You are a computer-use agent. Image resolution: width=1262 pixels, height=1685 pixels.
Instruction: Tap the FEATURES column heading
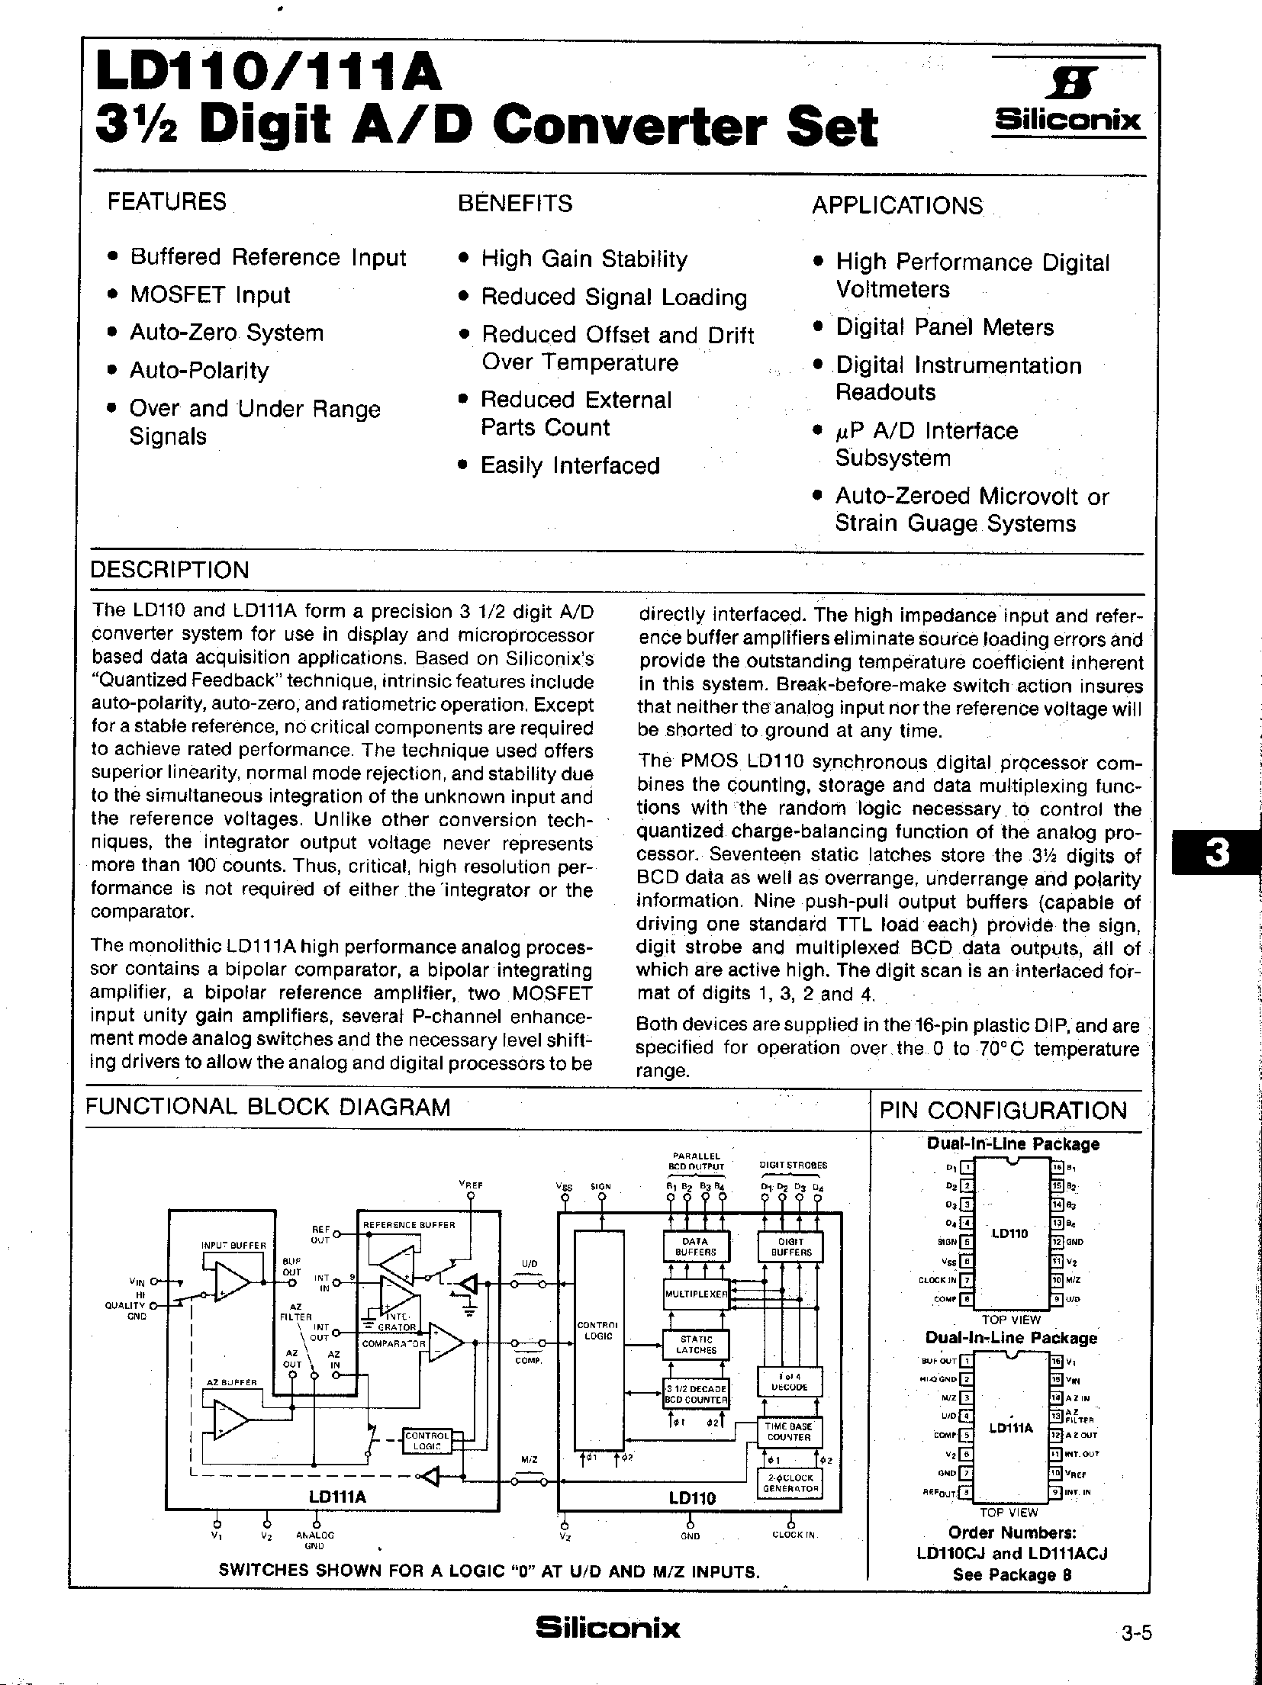coord(167,202)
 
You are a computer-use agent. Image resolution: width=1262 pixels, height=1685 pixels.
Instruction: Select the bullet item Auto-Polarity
coord(199,371)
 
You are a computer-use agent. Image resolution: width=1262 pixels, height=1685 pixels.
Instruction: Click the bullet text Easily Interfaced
coord(570,465)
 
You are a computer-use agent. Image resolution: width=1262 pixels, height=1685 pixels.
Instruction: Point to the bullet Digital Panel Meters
coord(945,327)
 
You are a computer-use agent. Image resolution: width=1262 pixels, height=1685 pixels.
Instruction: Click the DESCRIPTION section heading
coord(169,570)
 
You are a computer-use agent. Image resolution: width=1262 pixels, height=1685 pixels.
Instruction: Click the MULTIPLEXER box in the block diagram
coord(697,1294)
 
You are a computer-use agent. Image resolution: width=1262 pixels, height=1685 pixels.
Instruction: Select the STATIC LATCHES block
coord(696,1345)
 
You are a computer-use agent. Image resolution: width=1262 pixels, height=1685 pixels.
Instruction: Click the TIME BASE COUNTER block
coord(789,1432)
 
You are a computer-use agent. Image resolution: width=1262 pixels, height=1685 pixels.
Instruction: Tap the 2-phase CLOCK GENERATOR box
coord(790,1482)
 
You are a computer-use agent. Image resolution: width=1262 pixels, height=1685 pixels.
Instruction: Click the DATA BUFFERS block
coord(695,1246)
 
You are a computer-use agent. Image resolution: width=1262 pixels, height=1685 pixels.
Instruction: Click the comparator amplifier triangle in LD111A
coord(446,1344)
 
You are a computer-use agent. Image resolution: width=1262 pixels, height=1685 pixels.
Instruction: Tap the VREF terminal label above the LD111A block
coord(471,1185)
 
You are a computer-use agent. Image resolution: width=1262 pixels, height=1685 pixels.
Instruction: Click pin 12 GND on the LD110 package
coord(1057,1241)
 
